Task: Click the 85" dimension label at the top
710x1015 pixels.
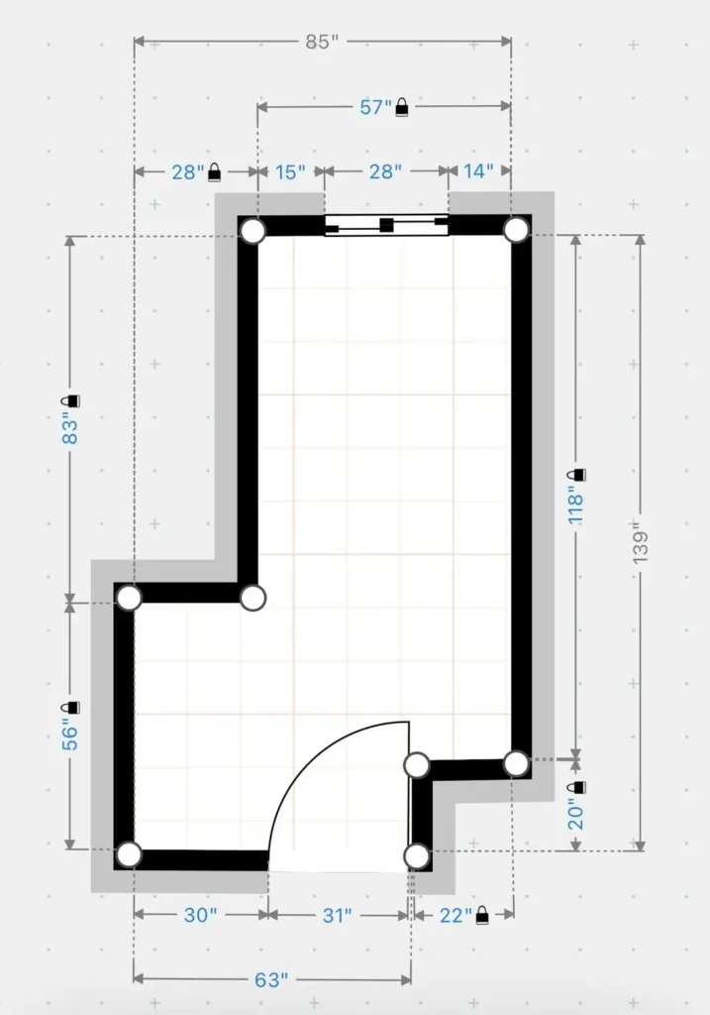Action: coord(322,42)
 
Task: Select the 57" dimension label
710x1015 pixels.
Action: coord(375,107)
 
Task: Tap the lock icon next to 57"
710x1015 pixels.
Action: coord(402,107)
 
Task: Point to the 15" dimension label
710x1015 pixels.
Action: coord(290,172)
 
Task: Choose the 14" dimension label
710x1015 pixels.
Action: coord(478,170)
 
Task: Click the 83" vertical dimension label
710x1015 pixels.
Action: coord(70,428)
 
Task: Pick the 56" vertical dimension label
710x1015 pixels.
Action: coord(70,734)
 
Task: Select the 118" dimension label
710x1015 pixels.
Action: coord(575,507)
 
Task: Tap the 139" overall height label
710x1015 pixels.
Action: coord(640,543)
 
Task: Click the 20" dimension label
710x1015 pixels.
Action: coord(575,814)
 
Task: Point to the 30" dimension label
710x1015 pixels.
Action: coord(200,915)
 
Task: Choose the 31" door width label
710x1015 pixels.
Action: coord(337,915)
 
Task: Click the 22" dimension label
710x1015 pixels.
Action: coord(456,915)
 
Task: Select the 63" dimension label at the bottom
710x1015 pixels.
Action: coord(271,980)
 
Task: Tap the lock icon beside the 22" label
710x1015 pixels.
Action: coord(482,915)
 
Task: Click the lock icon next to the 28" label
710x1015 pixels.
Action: coord(214,172)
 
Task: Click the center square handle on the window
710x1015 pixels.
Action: coord(386,225)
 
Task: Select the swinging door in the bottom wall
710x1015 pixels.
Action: coord(339,797)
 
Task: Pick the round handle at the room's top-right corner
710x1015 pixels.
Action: coord(516,230)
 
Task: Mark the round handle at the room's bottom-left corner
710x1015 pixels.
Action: coord(129,854)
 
